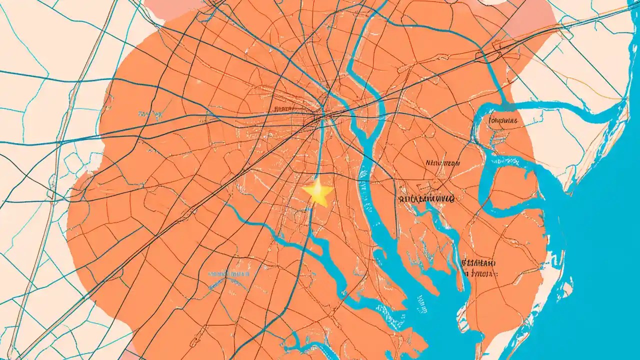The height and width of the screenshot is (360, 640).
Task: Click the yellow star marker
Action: [317, 192]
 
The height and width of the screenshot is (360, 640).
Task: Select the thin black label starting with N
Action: [442, 162]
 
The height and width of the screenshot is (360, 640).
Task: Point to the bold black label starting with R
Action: [426, 199]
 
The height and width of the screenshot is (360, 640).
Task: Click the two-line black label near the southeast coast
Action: [479, 268]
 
